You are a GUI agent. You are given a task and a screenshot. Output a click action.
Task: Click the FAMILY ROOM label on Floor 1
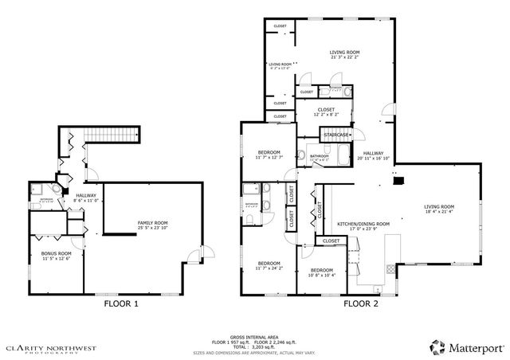[x=152, y=222]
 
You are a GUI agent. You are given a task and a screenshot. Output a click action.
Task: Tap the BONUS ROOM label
[x=56, y=252]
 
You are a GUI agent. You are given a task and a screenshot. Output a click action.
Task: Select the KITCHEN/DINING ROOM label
[x=363, y=224]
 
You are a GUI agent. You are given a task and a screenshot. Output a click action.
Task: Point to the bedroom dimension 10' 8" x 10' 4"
[x=321, y=275]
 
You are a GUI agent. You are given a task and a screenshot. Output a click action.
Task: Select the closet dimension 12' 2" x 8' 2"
[x=326, y=115]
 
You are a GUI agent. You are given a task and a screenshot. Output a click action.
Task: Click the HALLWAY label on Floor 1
[x=86, y=195]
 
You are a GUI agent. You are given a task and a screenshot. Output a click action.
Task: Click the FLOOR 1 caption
[x=122, y=303]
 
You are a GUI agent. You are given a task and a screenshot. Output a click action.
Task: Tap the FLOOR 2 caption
[x=361, y=303]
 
